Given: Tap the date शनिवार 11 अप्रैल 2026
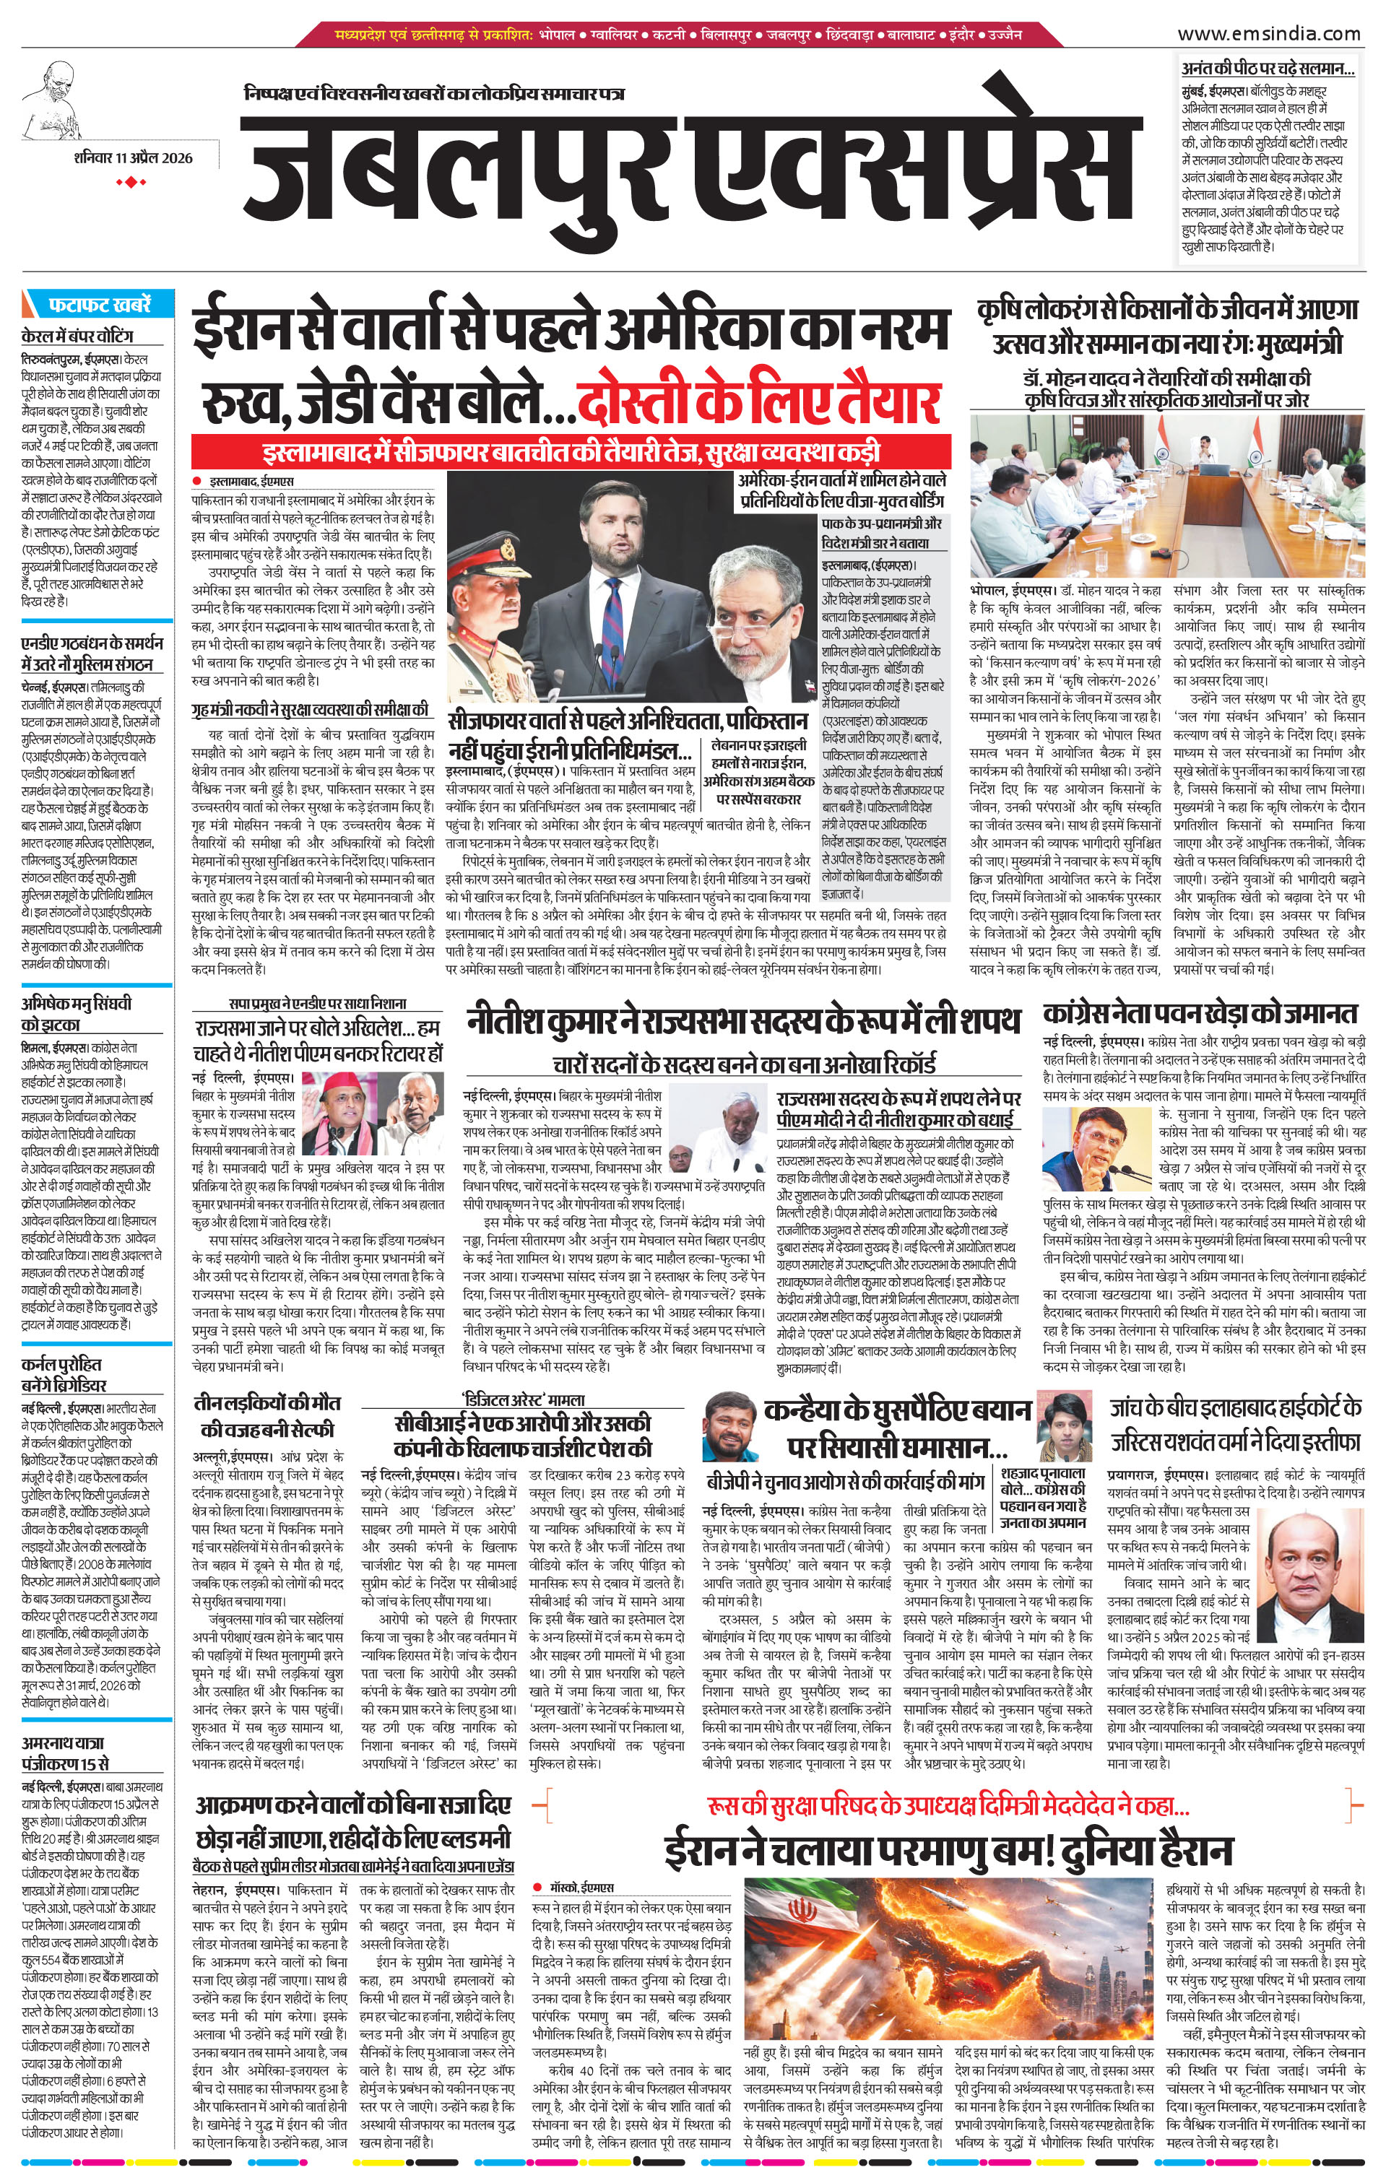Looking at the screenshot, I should pyautogui.click(x=134, y=160).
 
